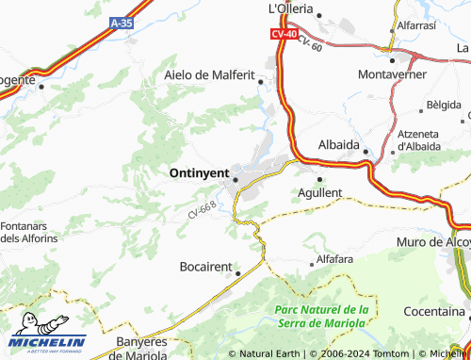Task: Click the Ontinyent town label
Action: coord(201,173)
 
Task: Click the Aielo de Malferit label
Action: coord(210,74)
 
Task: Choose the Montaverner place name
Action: coord(393,74)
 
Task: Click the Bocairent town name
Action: coord(205,267)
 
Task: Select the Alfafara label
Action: coord(334,258)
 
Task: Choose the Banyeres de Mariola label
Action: coord(147,348)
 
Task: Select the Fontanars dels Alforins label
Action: coord(29,232)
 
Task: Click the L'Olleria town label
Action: coord(290,8)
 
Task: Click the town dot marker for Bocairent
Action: coord(237,273)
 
